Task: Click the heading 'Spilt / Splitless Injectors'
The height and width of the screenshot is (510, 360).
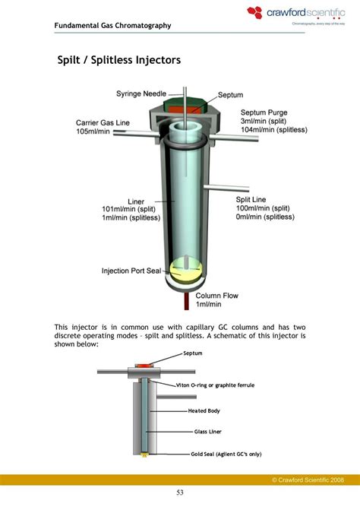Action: click(x=119, y=59)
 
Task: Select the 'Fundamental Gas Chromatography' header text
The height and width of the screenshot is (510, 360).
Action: click(x=112, y=26)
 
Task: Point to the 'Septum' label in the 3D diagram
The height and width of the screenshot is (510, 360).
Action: click(x=230, y=95)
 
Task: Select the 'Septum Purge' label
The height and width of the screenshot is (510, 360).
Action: click(x=264, y=112)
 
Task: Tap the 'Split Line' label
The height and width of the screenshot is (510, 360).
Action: click(x=251, y=199)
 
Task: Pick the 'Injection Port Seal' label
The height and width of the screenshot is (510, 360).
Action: click(x=133, y=271)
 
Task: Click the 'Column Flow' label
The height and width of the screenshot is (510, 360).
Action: click(x=219, y=296)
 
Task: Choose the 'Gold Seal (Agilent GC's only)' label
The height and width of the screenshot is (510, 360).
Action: click(x=226, y=454)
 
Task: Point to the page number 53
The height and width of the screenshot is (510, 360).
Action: click(x=179, y=493)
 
